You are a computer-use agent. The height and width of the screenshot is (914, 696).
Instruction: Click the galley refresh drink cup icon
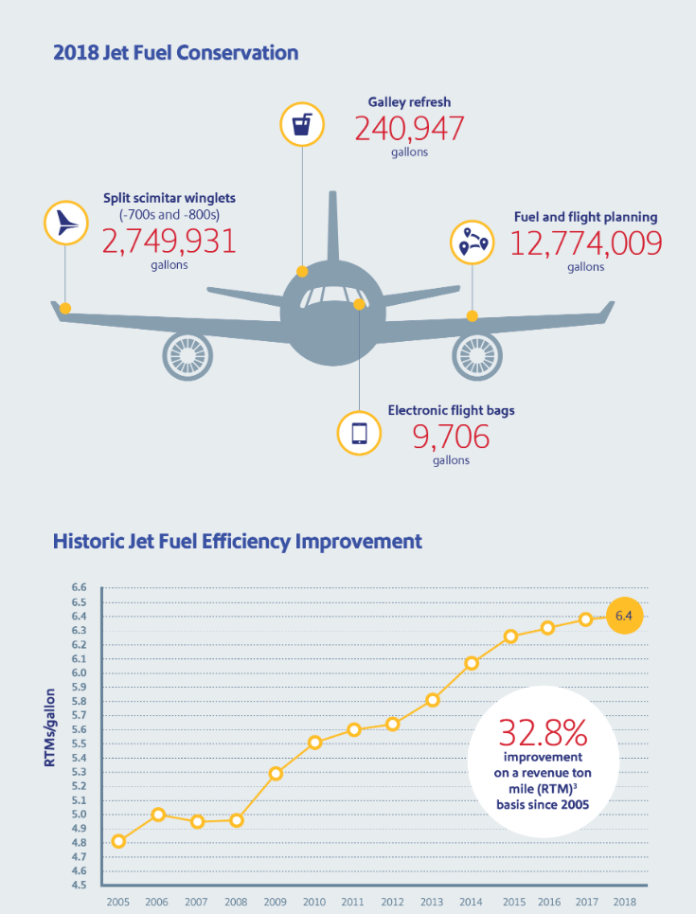pos(303,124)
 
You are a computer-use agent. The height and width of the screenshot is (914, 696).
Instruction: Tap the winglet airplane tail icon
pos(66,223)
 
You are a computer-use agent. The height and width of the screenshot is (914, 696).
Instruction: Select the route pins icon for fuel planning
pos(473,241)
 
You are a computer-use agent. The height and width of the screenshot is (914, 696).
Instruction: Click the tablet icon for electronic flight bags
pos(360,433)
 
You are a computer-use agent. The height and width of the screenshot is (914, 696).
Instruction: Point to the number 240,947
pos(409,127)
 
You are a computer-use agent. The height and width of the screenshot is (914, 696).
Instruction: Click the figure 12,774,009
pos(586,243)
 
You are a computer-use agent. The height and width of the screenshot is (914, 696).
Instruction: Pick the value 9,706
pos(451,437)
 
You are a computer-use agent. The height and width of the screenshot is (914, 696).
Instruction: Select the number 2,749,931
pos(169,241)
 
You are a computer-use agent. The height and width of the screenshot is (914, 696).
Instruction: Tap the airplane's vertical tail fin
pos(332,227)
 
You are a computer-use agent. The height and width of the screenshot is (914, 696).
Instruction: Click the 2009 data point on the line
pos(276,774)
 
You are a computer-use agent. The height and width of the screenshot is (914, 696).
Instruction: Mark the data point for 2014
pos(472,663)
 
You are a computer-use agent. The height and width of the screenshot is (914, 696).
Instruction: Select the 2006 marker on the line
pos(158,815)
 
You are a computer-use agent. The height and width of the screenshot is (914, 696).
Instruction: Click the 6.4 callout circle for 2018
pos(623,617)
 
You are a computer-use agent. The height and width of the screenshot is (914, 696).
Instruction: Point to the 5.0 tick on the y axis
pos(79,815)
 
